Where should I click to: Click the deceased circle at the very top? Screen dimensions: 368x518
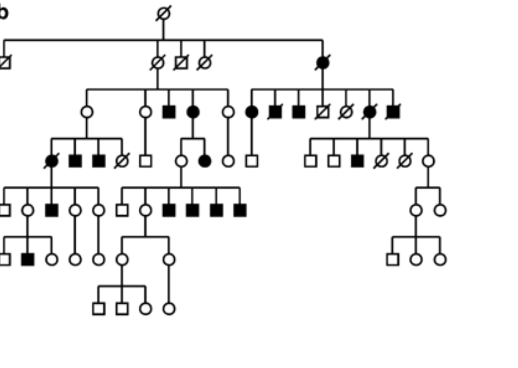point(164,13)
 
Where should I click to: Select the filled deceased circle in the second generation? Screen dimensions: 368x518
point(323,63)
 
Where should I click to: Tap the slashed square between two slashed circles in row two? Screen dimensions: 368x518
point(181,63)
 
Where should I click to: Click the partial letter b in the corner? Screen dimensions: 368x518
point(3,12)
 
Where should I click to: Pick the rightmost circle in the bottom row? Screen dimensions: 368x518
point(169,309)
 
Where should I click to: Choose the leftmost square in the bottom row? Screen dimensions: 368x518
point(98,309)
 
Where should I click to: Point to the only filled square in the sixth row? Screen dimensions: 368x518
point(27,260)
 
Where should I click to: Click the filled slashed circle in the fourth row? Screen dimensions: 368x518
point(51,161)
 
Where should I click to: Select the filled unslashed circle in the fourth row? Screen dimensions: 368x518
point(205,161)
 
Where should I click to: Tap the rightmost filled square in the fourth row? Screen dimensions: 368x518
point(357,161)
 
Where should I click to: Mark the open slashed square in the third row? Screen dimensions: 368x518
point(323,112)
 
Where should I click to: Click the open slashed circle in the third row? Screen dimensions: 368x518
point(346,112)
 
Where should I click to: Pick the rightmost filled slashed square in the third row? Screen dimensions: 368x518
point(393,112)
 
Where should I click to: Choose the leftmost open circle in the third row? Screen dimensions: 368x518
point(87,112)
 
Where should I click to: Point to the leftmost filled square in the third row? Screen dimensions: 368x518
point(169,112)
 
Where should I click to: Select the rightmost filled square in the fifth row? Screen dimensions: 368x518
point(240,210)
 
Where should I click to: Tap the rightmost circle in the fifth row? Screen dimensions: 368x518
point(440,210)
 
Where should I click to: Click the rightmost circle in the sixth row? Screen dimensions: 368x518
point(440,260)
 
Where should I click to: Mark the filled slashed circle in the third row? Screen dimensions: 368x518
point(369,112)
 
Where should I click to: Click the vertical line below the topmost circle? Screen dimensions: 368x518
point(164,30)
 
